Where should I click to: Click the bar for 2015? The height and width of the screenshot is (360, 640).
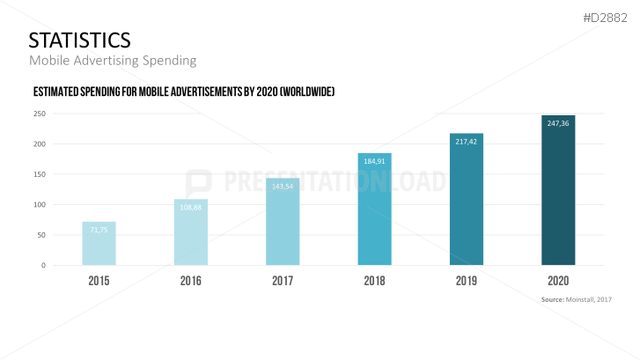click(99, 244)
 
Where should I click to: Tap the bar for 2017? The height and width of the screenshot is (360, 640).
click(283, 222)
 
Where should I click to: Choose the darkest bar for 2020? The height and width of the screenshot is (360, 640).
click(558, 190)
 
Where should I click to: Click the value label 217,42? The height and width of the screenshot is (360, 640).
click(467, 141)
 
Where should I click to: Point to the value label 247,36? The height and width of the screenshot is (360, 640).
click(558, 123)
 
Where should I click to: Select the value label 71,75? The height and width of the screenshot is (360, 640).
click(99, 229)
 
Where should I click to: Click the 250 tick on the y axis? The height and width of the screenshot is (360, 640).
click(40, 114)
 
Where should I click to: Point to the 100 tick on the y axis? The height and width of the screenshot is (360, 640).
click(40, 205)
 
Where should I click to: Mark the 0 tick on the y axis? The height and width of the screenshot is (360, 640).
click(43, 265)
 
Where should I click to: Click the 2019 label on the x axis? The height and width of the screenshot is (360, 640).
click(467, 282)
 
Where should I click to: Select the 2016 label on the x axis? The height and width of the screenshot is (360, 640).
click(191, 282)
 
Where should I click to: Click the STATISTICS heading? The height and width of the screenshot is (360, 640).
click(79, 40)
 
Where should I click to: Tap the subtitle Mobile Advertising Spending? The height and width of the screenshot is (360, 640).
click(112, 61)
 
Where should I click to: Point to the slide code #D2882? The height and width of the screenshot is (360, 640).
click(608, 17)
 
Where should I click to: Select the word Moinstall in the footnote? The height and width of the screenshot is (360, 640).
click(585, 300)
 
